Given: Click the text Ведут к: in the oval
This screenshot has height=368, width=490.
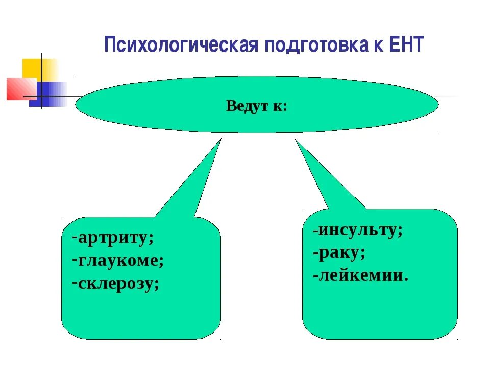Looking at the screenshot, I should [257, 106].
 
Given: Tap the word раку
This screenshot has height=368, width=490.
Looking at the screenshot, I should [341, 252].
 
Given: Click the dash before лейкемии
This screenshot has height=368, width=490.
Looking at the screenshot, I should [316, 276].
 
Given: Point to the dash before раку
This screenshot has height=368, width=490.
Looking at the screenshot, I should [316, 253].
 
